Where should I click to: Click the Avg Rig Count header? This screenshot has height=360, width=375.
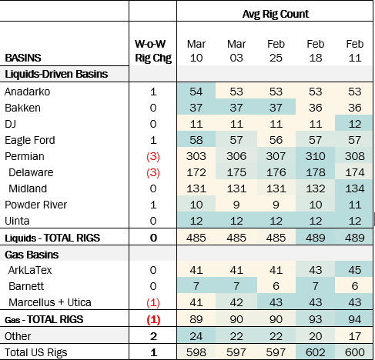[x=276, y=14]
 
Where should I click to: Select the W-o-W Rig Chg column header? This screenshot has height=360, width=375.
[x=153, y=51]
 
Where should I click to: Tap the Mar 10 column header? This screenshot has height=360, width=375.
[x=196, y=51]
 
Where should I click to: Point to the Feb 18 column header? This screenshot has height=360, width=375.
[x=316, y=51]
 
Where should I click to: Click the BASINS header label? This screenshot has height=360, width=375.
[x=23, y=58]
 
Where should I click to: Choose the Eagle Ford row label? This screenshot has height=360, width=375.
[x=30, y=140]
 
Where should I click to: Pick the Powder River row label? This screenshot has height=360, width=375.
[x=35, y=205]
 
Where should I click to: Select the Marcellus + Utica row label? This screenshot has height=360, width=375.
[x=50, y=302]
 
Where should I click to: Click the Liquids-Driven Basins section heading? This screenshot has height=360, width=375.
[x=56, y=74]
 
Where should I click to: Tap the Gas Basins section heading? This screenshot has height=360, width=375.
[x=32, y=255]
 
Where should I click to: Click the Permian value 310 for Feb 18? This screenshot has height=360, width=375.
[x=316, y=156]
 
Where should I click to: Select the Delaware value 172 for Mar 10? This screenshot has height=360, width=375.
[x=196, y=172]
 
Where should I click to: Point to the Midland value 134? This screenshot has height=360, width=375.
[x=355, y=188]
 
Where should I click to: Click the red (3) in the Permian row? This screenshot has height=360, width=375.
[x=153, y=157]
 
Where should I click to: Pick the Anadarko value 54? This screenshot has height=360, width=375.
[x=196, y=92]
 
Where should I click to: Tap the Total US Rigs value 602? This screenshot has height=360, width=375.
[x=316, y=352]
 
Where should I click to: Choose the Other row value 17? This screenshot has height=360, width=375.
[x=355, y=336]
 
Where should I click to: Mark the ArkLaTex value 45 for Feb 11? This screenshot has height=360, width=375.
[x=355, y=270]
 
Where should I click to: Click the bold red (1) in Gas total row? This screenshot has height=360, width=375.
[x=153, y=320]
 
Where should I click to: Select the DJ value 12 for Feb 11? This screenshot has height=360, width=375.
[x=355, y=124]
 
